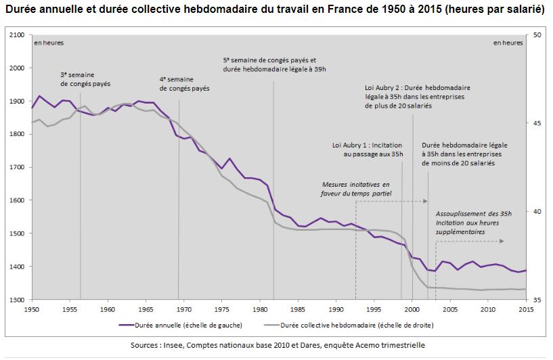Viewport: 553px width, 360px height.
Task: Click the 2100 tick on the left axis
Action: (16, 35)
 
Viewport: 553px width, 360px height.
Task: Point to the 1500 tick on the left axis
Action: (16, 233)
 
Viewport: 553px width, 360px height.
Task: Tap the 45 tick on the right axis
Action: (535, 123)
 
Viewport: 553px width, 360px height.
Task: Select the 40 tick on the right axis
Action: (535, 211)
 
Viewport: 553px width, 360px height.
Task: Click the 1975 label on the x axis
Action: (217, 309)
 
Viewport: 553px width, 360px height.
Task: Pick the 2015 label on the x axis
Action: (525, 309)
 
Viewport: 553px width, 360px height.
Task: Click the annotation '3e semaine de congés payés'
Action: (85, 78)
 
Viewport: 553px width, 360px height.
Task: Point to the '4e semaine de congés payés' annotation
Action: (185, 84)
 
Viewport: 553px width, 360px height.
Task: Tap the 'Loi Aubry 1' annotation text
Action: (368, 150)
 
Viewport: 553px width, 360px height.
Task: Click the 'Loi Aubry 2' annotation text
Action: (418, 97)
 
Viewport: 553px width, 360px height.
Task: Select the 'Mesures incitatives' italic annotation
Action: (357, 189)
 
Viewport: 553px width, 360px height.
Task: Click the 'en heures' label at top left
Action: (49, 43)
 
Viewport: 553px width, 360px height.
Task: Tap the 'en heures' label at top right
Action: (508, 43)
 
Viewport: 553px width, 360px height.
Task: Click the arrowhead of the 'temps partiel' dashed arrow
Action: (426, 201)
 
